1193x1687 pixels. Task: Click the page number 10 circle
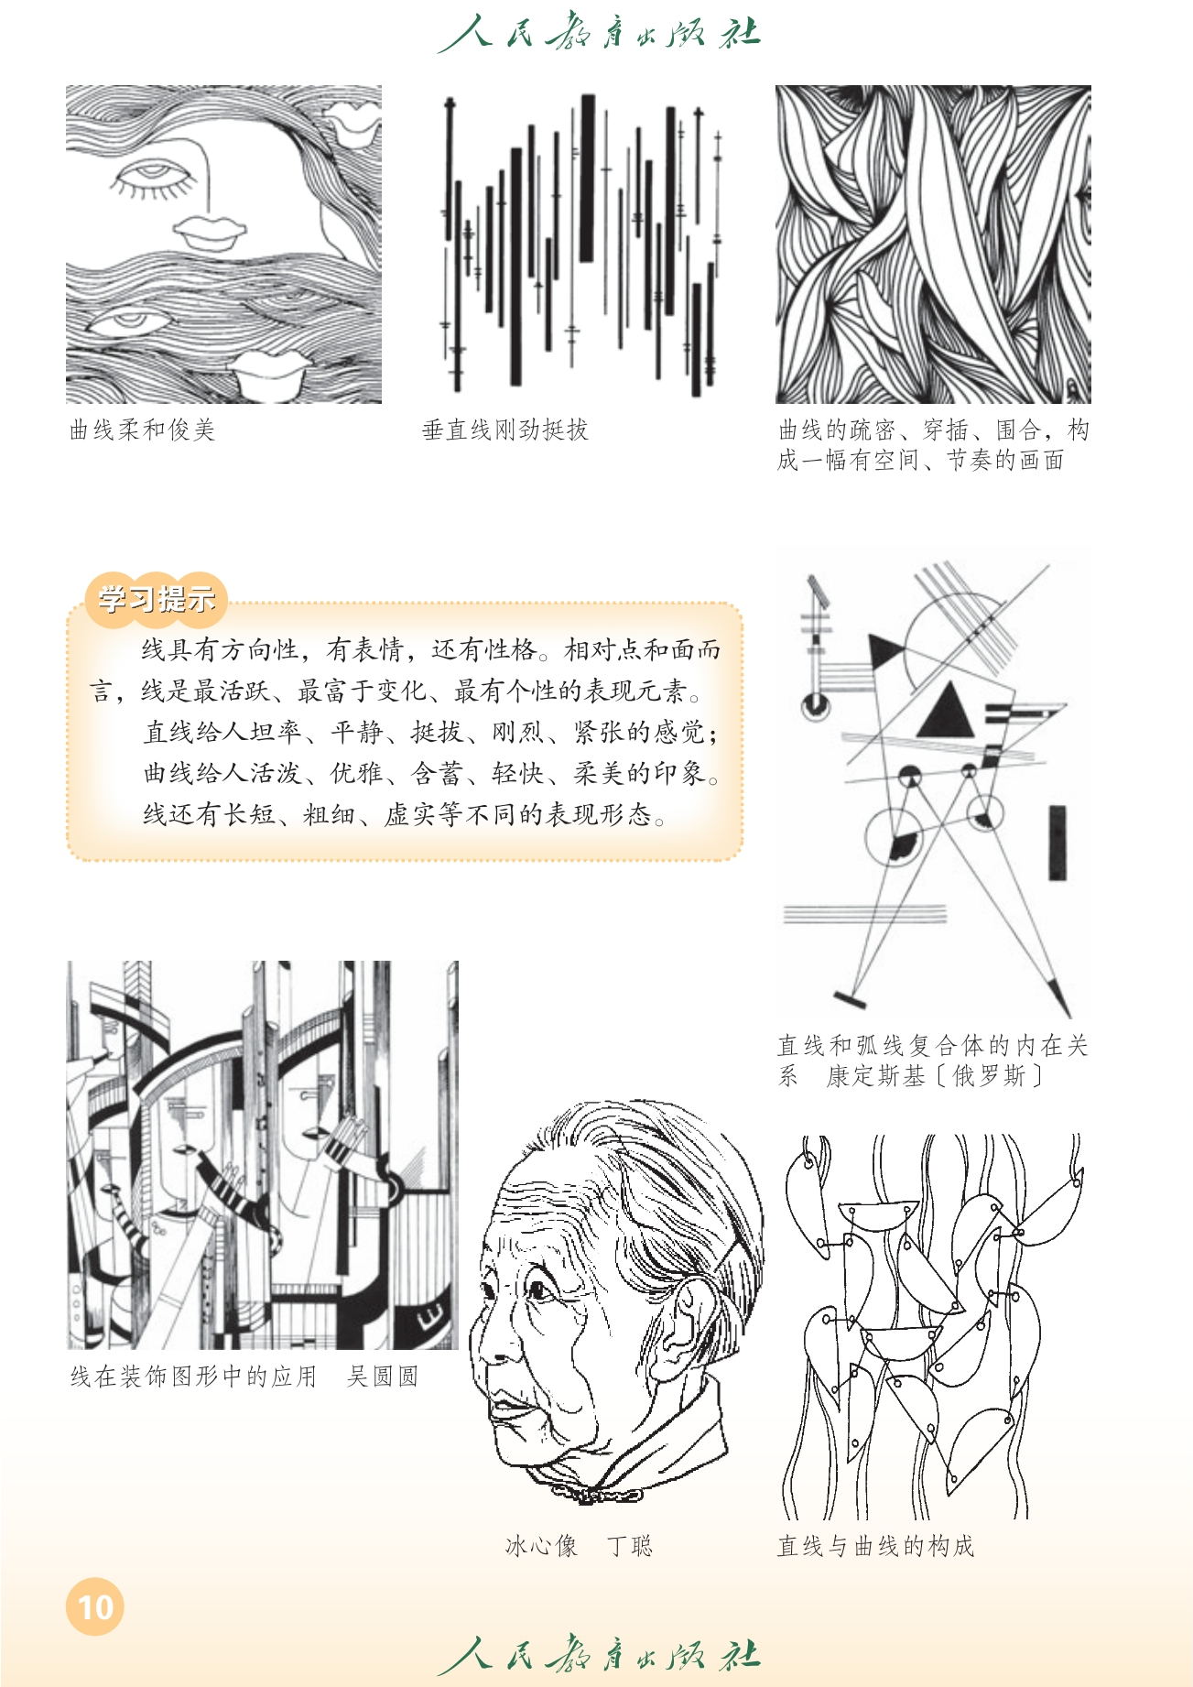tap(95, 1606)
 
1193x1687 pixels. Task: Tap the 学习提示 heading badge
tap(157, 599)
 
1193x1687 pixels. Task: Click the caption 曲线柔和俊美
tap(142, 430)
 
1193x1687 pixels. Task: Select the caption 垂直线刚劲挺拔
tap(504, 430)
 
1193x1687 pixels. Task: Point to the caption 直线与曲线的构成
tap(875, 1546)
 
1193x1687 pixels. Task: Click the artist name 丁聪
tap(630, 1546)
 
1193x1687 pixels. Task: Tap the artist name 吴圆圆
tap(383, 1376)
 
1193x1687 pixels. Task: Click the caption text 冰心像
tap(542, 1546)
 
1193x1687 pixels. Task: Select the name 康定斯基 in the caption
tap(876, 1075)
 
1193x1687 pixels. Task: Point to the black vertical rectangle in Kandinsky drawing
tap(1057, 843)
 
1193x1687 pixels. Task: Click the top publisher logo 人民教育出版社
tap(600, 33)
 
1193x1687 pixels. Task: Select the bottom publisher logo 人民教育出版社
tap(600, 1655)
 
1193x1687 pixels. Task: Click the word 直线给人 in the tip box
tap(196, 732)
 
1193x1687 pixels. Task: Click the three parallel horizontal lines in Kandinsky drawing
tap(864, 914)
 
